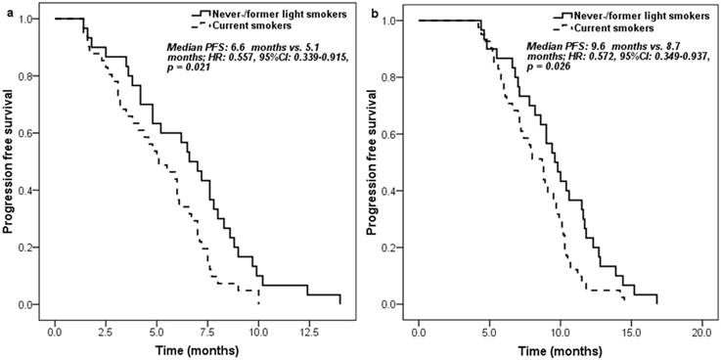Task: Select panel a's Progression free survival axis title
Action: tap(12, 161)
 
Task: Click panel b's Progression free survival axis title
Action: tap(376, 161)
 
